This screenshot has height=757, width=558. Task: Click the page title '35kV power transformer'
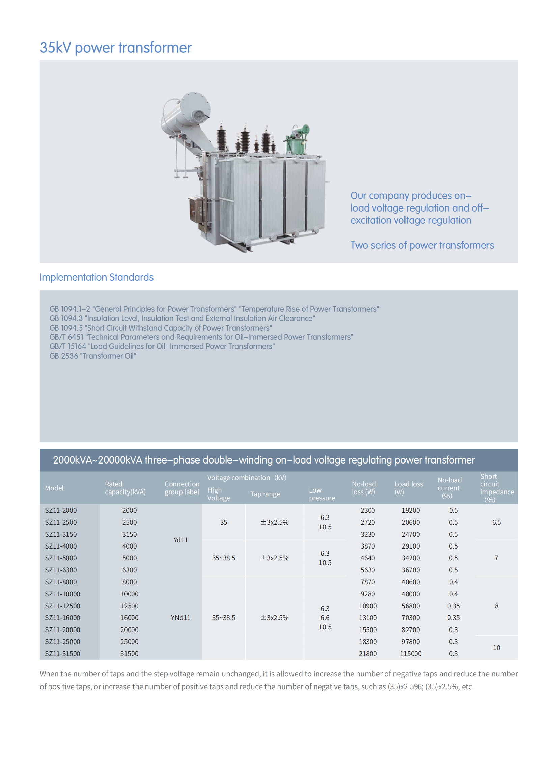[x=115, y=48]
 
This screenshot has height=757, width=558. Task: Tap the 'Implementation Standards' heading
[x=96, y=277]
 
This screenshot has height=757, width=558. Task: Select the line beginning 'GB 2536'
[x=92, y=356]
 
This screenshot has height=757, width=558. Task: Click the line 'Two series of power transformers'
[x=422, y=245]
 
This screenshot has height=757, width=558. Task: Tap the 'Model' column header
[x=54, y=488]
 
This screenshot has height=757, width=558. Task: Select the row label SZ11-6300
[x=61, y=570]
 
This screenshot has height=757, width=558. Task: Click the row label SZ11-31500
[x=62, y=654]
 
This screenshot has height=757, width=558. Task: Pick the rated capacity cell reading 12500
[x=129, y=606]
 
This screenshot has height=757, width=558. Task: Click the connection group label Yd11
[x=181, y=540]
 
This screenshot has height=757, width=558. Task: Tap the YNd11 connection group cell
[x=181, y=618]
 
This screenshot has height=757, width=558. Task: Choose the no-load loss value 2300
[x=367, y=510]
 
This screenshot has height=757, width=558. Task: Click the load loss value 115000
[x=411, y=654]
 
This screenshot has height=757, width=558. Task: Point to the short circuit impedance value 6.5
[x=496, y=522]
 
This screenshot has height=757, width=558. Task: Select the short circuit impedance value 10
[x=496, y=648]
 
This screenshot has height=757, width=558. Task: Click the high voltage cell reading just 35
[x=224, y=522]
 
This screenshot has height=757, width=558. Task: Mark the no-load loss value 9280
[x=367, y=594]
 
